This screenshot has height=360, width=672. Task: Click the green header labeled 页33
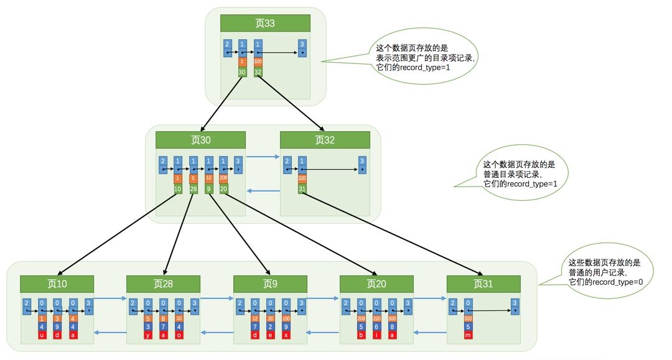coord(265,24)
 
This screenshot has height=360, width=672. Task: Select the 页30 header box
coord(200,140)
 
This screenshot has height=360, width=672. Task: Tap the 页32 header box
coord(325,140)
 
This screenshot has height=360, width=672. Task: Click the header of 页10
coord(58,284)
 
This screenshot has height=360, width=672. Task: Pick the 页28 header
coord(164,284)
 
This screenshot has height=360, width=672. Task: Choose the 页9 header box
coord(271,284)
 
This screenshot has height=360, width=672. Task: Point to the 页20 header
coord(377,284)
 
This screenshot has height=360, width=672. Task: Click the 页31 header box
coord(483,284)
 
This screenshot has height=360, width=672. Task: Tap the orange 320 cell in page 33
coord(258,62)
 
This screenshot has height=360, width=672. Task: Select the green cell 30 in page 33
coord(243,72)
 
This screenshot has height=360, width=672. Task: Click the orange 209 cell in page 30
coord(223,178)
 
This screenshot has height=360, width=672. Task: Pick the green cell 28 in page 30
coord(194,188)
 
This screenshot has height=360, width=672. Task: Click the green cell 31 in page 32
coord(302,188)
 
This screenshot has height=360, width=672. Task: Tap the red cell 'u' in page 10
coord(42,336)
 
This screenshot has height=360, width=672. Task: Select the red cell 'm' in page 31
coord(468,336)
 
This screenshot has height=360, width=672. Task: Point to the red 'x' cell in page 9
coord(286,336)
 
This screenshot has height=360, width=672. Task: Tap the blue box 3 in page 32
coord(362,165)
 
